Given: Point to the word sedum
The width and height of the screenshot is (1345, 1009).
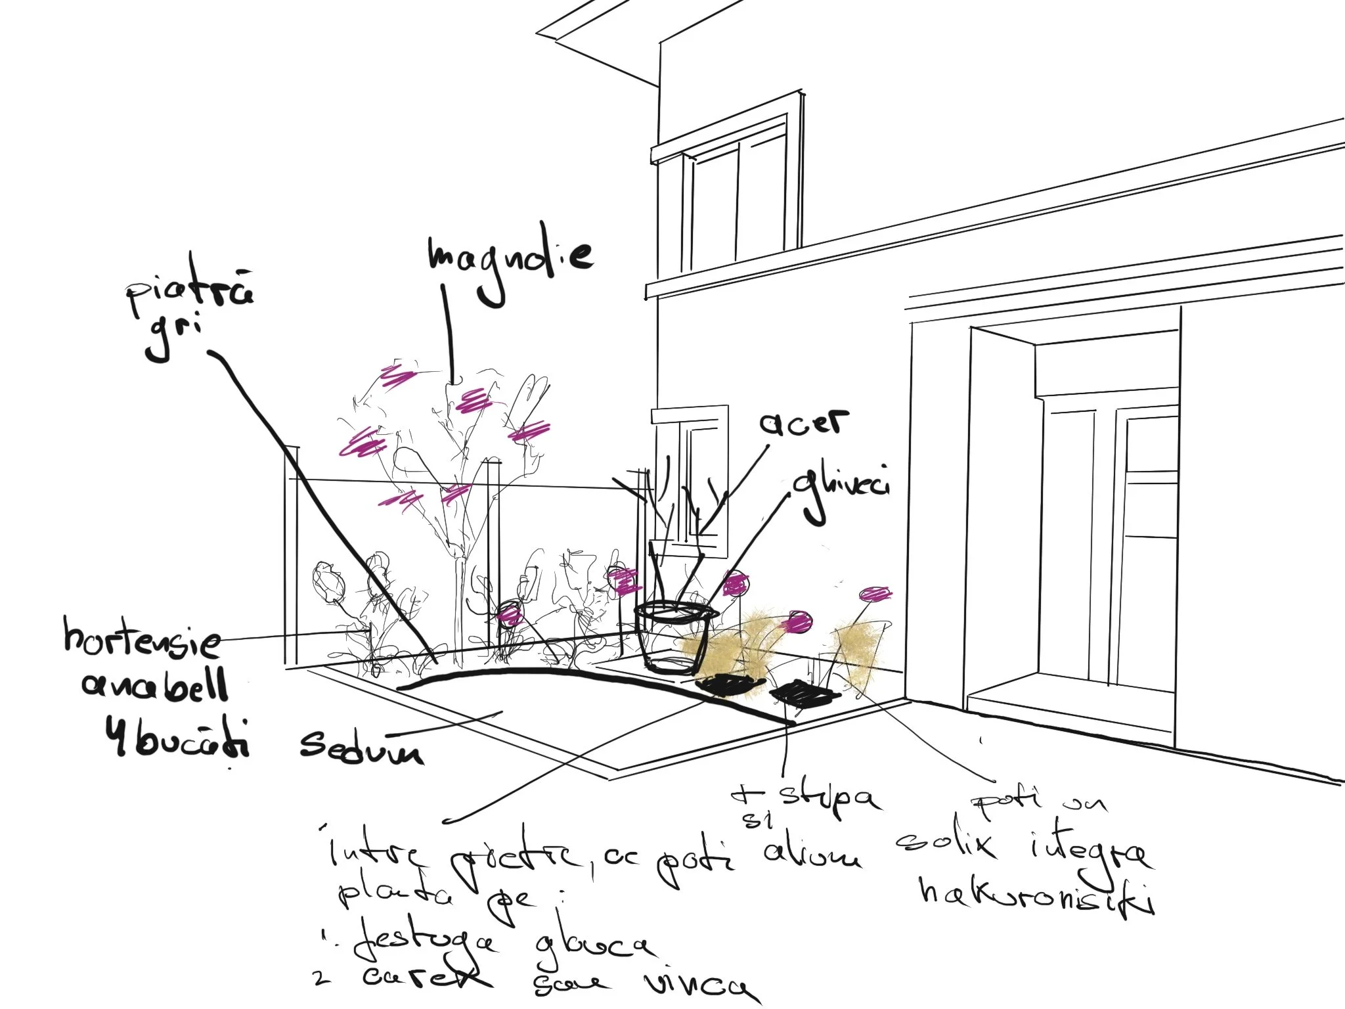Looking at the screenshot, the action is point(362,746).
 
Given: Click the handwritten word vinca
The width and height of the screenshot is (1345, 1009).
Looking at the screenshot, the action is point(696,985).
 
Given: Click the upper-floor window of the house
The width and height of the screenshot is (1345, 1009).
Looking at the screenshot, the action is point(739,197).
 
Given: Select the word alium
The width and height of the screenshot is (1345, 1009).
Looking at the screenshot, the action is point(812,855).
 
